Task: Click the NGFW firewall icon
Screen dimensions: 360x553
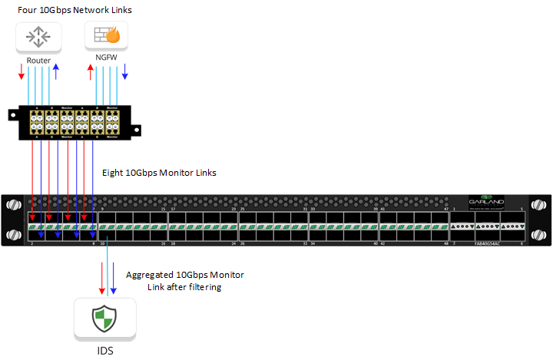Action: click(106, 36)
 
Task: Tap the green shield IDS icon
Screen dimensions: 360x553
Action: click(105, 319)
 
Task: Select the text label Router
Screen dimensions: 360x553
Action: click(38, 60)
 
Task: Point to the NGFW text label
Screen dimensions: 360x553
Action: click(105, 60)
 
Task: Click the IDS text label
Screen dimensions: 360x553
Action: click(105, 350)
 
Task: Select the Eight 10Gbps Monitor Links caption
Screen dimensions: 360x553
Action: click(159, 173)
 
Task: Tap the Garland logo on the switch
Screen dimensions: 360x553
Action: click(487, 201)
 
